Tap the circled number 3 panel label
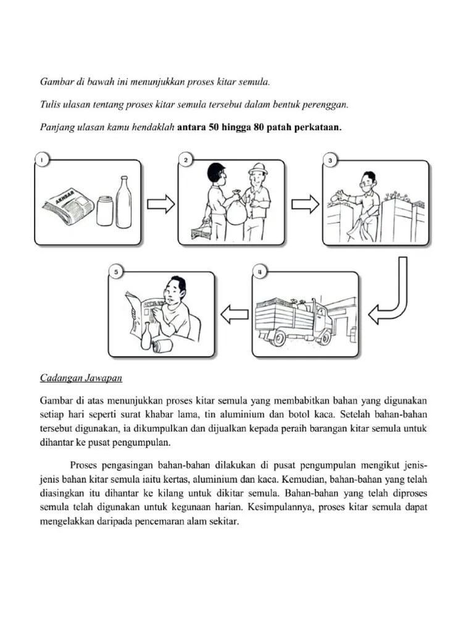click(x=330, y=160)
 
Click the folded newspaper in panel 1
click(x=66, y=205)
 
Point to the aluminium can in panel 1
click(x=104, y=210)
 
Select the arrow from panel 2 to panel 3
click(x=305, y=204)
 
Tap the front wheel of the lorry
click(x=278, y=337)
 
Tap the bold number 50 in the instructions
click(x=217, y=128)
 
